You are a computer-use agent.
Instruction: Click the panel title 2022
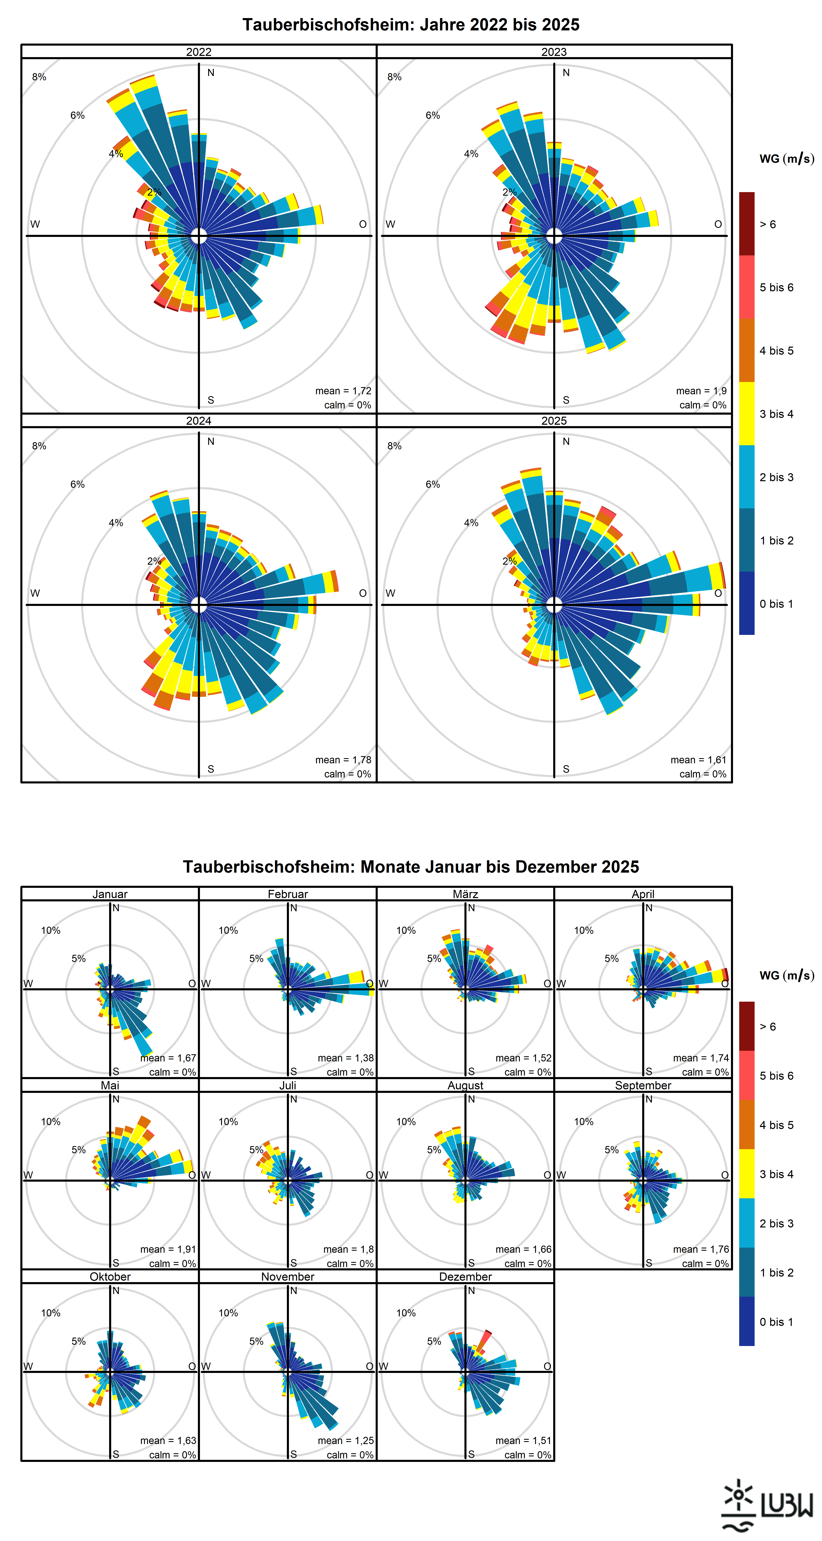(199, 52)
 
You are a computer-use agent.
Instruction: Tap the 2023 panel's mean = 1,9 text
(701, 391)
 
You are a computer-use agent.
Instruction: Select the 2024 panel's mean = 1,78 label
(343, 760)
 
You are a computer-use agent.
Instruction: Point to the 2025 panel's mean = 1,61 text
(698, 760)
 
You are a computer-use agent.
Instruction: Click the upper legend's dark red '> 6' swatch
(747, 224)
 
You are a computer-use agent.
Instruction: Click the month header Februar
(288, 894)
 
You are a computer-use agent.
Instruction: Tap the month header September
(643, 1085)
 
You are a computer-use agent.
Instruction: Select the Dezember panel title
(465, 1277)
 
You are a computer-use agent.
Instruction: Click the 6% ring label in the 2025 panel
(433, 484)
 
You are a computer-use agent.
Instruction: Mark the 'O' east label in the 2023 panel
(718, 224)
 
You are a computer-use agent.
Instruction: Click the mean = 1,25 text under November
(346, 1441)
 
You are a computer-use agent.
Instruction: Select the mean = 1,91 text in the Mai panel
(168, 1249)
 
